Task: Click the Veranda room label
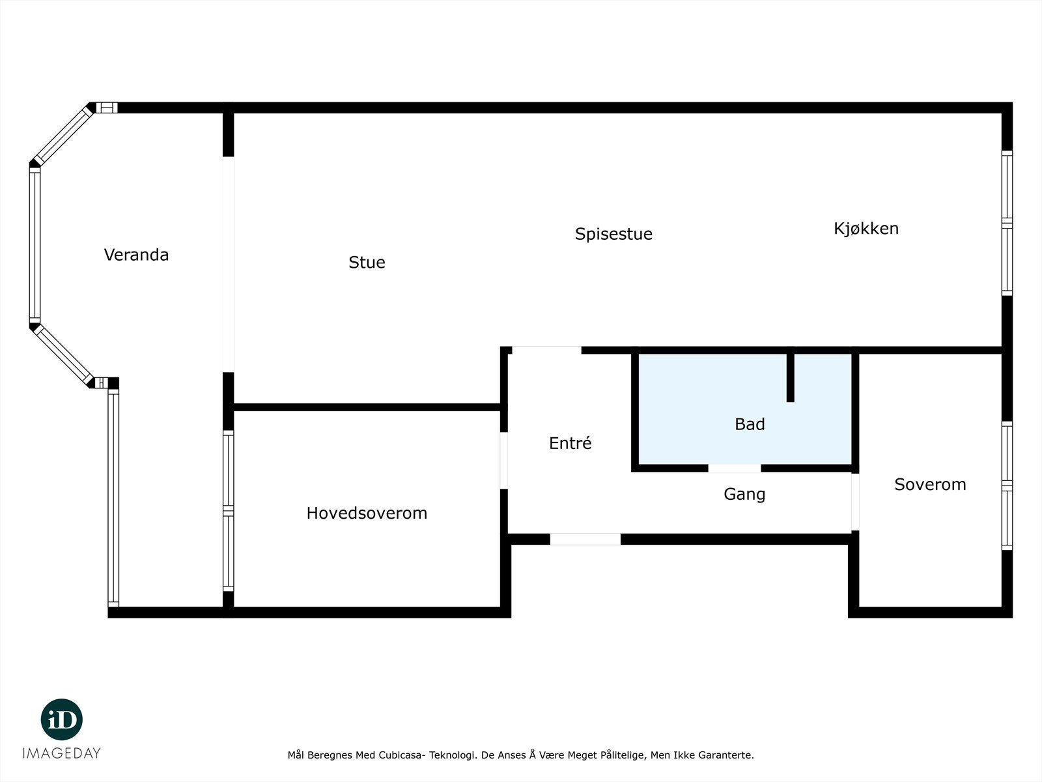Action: point(136,255)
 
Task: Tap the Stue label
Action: point(367,263)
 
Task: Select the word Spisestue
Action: point(613,234)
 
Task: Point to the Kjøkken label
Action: point(866,229)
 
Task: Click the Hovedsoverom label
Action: point(367,514)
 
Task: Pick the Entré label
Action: point(570,443)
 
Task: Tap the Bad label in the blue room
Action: point(750,424)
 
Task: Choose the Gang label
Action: point(744,495)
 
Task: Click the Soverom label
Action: point(930,484)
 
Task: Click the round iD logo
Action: point(62,719)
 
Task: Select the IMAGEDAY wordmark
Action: point(62,753)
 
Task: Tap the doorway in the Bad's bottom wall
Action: point(735,468)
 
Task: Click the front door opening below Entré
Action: point(585,540)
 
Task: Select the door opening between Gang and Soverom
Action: point(855,502)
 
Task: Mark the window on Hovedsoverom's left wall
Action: point(229,511)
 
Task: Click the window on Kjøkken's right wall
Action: point(1007,223)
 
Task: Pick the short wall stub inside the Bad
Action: point(791,378)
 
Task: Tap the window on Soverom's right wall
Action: point(1007,485)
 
